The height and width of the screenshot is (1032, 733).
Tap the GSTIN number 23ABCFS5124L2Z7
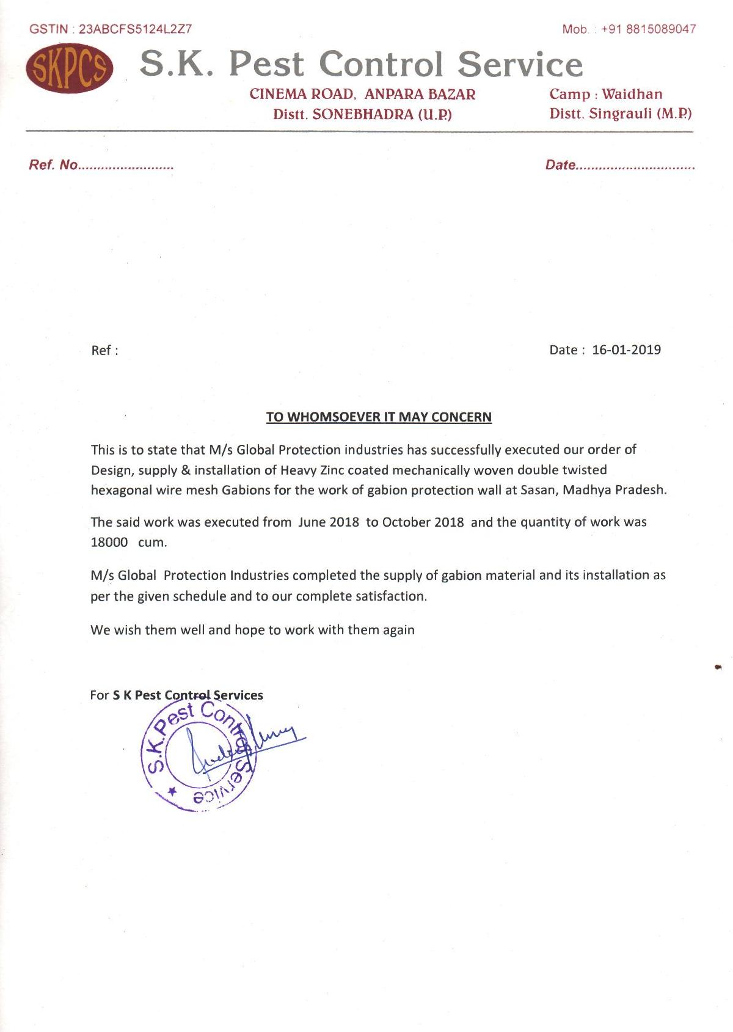pos(135,29)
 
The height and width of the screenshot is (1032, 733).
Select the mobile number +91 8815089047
pos(648,29)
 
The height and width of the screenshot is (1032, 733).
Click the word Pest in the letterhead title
pos(266,64)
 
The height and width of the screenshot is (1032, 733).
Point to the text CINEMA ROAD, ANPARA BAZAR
pos(362,94)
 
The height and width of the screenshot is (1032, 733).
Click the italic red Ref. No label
pos(54,165)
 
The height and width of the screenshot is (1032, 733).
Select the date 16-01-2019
pos(626,349)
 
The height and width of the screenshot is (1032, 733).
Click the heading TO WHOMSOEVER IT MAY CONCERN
pos(379,417)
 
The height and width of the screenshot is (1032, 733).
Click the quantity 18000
pos(109,542)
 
